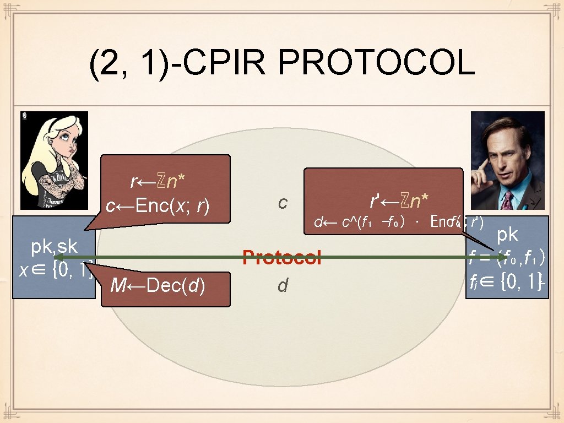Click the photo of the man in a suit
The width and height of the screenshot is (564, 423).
pyautogui.click(x=508, y=161)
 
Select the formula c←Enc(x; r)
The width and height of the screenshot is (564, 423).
pyautogui.click(x=158, y=206)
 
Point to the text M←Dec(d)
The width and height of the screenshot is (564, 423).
pyautogui.click(x=158, y=286)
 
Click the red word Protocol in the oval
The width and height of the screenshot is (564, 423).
pyautogui.click(x=282, y=257)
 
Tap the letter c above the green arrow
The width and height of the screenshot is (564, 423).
pyautogui.click(x=283, y=203)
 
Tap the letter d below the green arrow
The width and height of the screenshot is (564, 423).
pyautogui.click(x=283, y=285)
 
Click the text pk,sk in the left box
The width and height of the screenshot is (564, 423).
pyautogui.click(x=54, y=247)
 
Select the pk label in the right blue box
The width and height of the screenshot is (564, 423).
pyautogui.click(x=507, y=235)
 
